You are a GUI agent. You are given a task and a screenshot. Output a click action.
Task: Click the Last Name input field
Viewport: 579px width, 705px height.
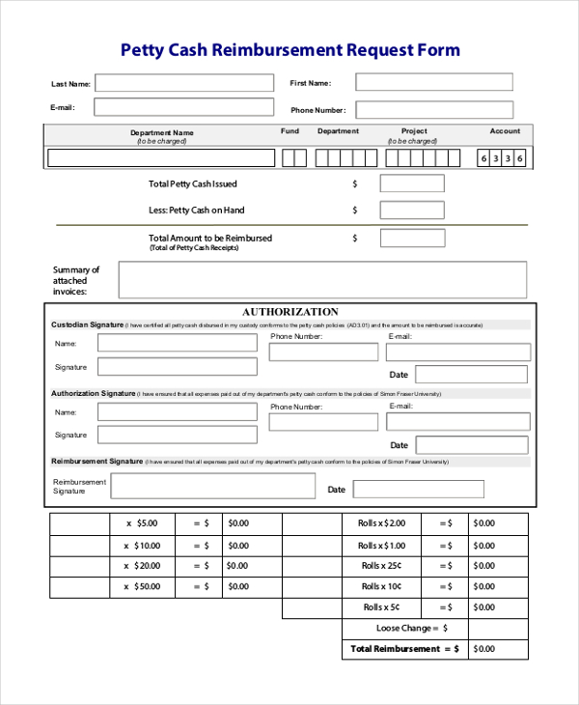[179, 83]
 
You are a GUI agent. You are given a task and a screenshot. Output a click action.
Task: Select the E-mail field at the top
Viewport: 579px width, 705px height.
[179, 107]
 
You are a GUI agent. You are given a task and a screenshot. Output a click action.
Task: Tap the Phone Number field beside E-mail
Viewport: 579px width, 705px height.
[434, 109]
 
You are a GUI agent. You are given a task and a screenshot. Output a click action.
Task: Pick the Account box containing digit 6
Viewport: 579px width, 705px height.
[483, 158]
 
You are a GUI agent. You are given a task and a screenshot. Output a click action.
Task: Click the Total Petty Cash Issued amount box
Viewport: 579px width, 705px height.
[412, 183]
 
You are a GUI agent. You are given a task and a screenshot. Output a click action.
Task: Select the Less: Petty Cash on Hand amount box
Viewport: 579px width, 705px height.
[412, 210]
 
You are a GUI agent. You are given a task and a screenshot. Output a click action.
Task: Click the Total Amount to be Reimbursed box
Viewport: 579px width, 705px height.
[412, 238]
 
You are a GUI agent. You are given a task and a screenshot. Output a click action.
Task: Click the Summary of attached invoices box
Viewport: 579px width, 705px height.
[322, 280]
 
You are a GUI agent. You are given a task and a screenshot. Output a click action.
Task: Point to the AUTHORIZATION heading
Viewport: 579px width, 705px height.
[289, 312]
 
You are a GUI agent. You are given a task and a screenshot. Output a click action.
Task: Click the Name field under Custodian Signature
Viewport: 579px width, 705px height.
[177, 344]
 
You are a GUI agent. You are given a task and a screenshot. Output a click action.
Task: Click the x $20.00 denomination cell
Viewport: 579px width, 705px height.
[142, 567]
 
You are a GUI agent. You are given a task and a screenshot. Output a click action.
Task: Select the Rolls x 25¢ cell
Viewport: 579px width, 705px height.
[381, 566]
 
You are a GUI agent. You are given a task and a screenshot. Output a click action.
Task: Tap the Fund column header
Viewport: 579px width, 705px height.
[289, 131]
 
